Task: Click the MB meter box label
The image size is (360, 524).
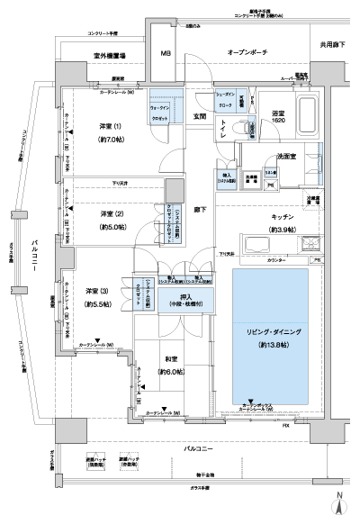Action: pos(166,54)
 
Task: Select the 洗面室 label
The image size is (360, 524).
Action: pos(290,155)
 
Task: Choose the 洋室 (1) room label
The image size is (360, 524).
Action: pos(112,128)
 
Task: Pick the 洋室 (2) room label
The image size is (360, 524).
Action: pos(113,213)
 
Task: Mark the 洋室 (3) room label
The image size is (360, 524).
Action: pos(97,290)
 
